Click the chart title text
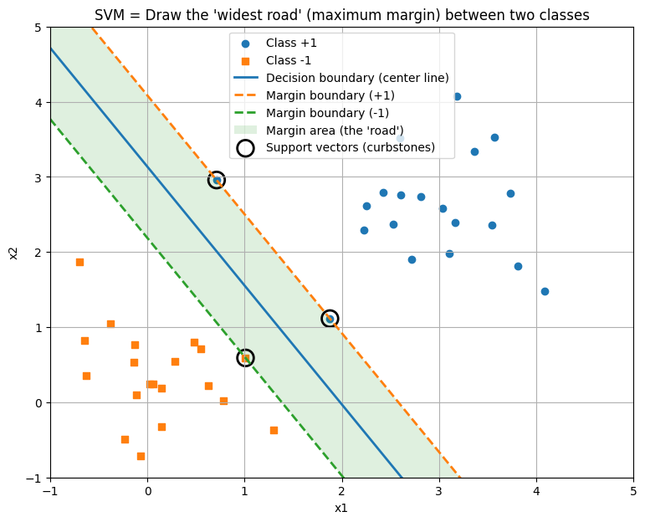click(x=341, y=15)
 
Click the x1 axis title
click(x=341, y=508)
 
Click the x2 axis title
click(x=14, y=253)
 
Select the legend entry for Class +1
click(x=291, y=43)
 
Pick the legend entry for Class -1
click(x=289, y=60)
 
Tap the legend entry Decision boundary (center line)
click(x=357, y=78)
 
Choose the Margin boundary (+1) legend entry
click(x=327, y=95)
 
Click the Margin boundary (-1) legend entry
click(x=327, y=113)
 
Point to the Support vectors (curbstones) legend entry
click(x=351, y=148)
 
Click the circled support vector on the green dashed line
click(x=245, y=358)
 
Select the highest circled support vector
click(x=217, y=180)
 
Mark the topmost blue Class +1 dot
click(x=457, y=96)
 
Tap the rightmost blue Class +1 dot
click(x=545, y=291)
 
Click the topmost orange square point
click(x=79, y=262)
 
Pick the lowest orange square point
click(x=141, y=456)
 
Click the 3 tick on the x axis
click(x=438, y=491)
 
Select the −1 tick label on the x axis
click(x=50, y=491)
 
